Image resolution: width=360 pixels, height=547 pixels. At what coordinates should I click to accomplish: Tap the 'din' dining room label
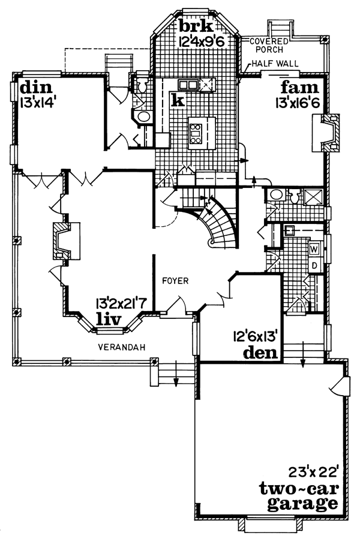[36, 87]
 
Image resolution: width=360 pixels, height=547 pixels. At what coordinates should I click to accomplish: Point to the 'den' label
[260, 353]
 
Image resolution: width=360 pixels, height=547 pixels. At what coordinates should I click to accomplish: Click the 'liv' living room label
[109, 319]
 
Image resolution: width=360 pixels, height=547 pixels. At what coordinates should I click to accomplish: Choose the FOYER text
[176, 280]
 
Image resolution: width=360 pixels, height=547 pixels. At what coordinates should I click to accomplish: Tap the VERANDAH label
[121, 347]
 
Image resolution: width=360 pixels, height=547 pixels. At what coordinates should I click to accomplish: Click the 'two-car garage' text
[299, 496]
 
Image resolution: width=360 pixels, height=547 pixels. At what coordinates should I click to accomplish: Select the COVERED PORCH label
[269, 46]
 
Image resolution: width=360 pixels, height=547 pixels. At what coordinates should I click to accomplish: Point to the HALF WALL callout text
[275, 64]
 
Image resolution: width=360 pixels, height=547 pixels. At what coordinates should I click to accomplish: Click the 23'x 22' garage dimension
[314, 473]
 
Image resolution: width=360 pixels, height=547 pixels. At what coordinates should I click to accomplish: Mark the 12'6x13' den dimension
[255, 336]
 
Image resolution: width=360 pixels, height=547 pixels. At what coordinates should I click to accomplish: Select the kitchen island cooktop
[196, 133]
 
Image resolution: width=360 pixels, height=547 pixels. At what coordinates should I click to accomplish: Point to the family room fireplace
[325, 133]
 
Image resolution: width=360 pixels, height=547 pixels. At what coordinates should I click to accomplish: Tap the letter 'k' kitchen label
[178, 100]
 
